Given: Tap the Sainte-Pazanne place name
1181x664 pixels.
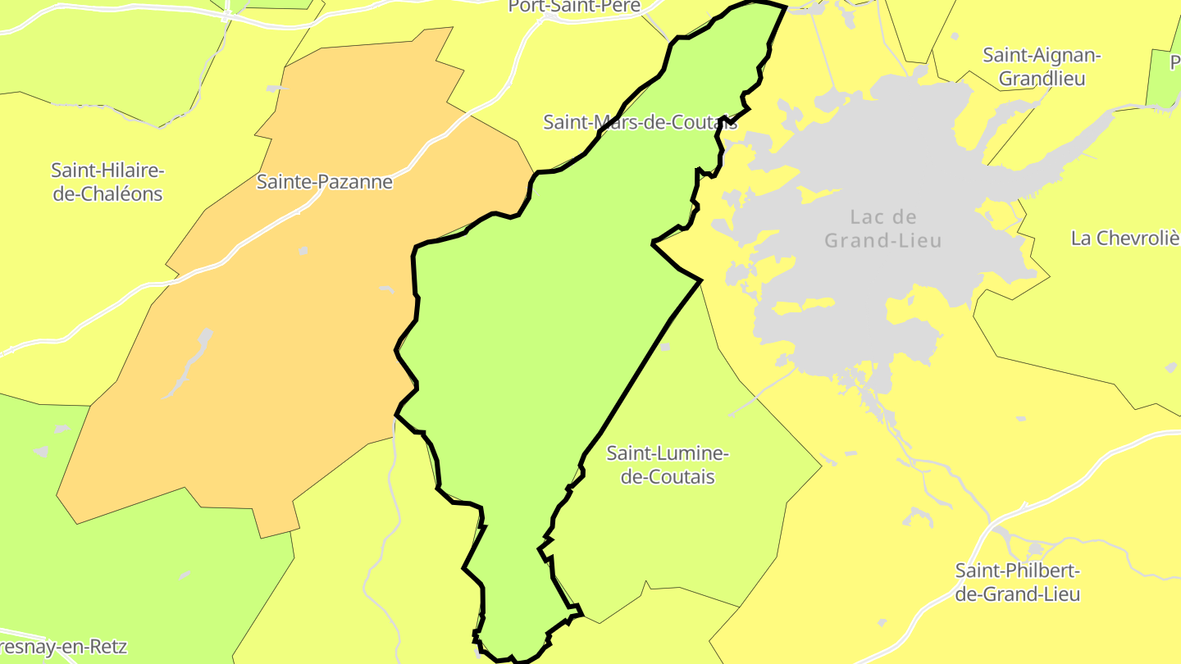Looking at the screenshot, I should click(325, 182).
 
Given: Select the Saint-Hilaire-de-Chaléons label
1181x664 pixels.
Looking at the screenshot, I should click(107, 182).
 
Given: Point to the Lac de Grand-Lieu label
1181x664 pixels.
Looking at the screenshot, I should click(883, 229).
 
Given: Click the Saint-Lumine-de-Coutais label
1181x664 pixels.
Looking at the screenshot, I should click(668, 465).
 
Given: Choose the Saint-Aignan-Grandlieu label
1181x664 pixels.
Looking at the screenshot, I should click(1042, 66).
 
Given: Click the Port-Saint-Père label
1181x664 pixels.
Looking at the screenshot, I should click(574, 7).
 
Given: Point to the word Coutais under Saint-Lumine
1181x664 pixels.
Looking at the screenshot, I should click(668, 477).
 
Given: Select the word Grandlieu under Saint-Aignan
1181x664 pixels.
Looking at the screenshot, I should click(1042, 79).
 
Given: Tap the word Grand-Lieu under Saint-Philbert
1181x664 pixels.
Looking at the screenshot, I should click(1029, 594).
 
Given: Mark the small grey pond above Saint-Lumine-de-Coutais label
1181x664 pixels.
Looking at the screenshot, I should click(665, 347).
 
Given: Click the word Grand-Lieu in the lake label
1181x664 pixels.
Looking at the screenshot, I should click(883, 241).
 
